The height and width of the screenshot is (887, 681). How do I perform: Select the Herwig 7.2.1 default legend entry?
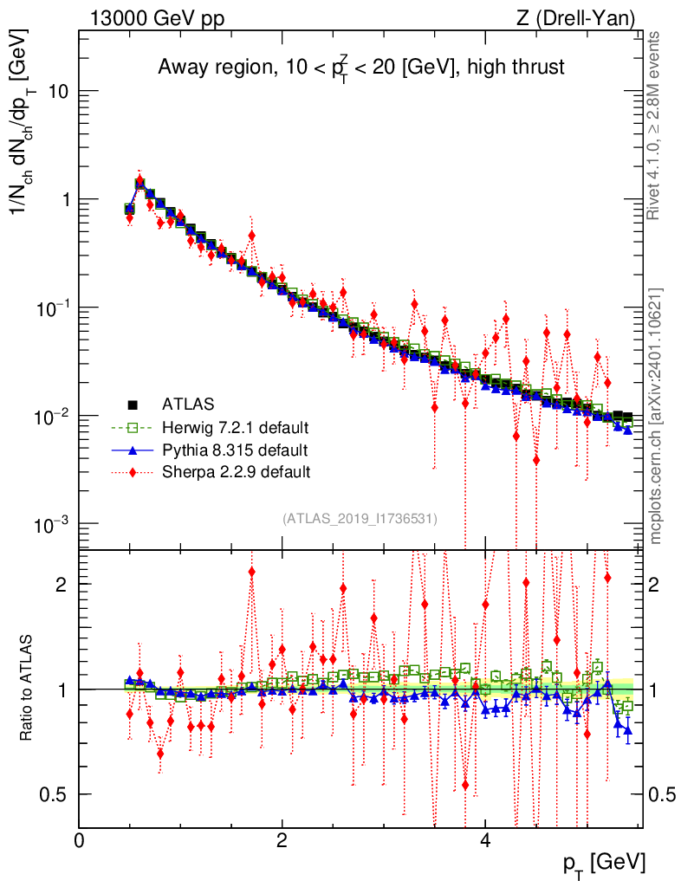pyautogui.click(x=235, y=427)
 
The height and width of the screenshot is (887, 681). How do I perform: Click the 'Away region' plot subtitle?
pyautogui.click(x=360, y=68)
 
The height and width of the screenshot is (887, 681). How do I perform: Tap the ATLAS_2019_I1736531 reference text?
pyautogui.click(x=360, y=519)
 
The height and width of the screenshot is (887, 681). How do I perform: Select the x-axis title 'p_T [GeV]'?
pyautogui.click(x=605, y=863)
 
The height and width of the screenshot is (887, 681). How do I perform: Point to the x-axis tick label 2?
pyautogui.click(x=282, y=841)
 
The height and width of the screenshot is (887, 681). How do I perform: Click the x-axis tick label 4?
pyautogui.click(x=485, y=841)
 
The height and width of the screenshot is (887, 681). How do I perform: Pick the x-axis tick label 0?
pyautogui.click(x=79, y=841)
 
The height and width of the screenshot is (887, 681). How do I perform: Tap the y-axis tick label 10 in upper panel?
pyautogui.click(x=56, y=91)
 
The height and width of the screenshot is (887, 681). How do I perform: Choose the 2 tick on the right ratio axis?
pyautogui.click(x=658, y=584)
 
